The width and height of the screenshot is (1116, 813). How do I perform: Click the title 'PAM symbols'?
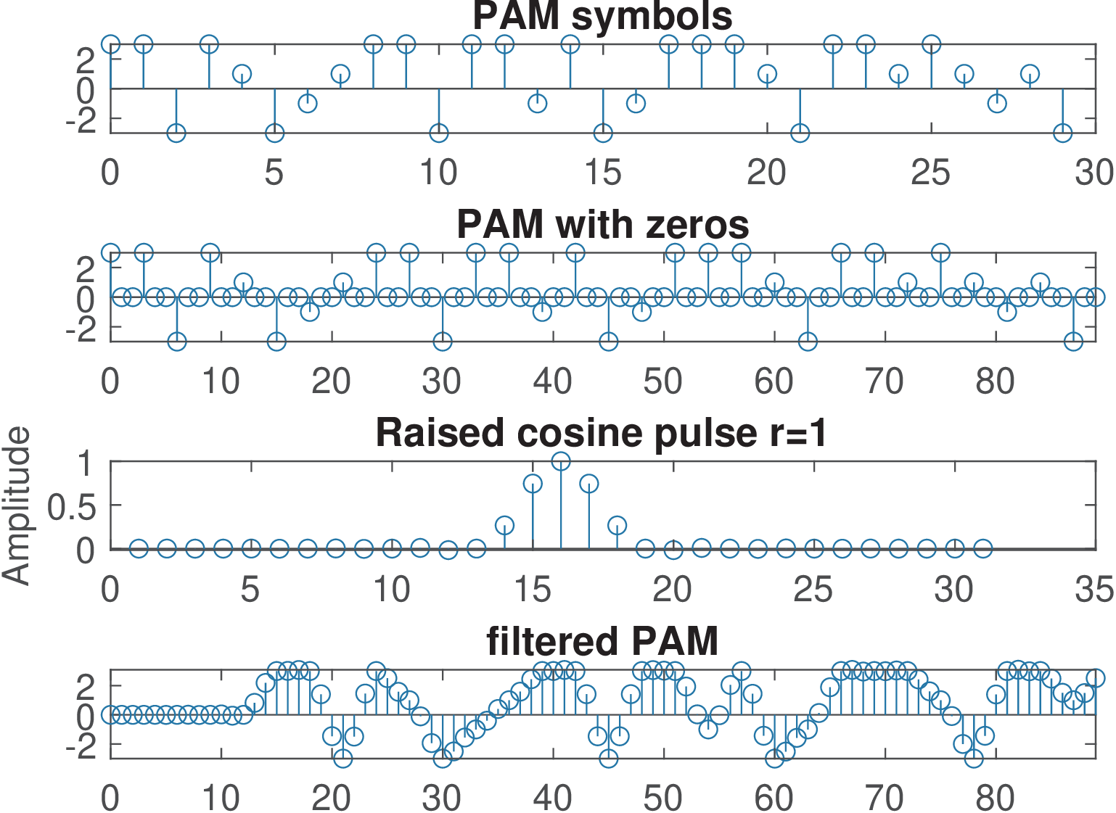(602, 16)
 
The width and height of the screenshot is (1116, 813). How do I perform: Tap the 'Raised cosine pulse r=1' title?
(601, 433)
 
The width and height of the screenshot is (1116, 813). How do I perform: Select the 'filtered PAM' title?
(602, 641)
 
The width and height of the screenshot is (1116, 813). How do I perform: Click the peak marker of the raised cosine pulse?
(561, 461)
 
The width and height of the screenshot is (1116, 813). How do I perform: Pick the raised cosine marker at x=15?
(533, 484)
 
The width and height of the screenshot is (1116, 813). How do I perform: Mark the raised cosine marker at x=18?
(617, 525)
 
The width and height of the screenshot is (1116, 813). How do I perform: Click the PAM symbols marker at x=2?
(176, 133)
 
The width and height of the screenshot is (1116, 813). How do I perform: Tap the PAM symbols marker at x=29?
(1063, 133)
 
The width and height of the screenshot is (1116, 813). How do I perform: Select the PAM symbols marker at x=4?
(242, 74)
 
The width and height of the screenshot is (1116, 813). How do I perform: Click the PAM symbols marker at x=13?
(537, 103)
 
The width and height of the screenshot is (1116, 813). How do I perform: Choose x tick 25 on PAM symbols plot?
(931, 173)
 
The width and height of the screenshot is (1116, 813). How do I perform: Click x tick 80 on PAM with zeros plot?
(995, 381)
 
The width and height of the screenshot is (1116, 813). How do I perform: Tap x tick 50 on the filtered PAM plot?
(662, 798)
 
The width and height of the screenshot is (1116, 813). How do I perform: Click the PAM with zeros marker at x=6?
(177, 341)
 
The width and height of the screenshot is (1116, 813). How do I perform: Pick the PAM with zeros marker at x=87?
(1073, 341)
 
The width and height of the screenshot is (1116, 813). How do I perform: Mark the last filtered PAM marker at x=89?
(1095, 678)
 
